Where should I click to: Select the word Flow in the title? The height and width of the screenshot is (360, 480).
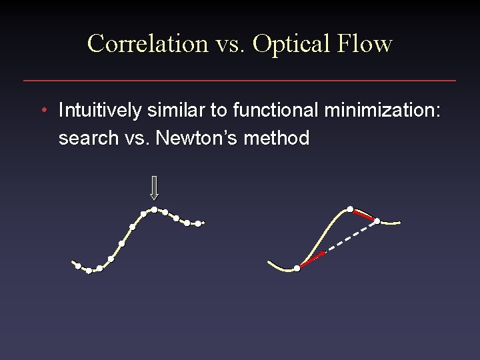point(365,44)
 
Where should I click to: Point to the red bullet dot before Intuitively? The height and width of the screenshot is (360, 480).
point(43,110)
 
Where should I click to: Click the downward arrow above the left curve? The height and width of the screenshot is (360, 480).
point(154,188)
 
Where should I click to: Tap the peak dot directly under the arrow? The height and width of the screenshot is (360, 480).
point(154,210)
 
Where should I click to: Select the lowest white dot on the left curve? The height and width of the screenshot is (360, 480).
point(89,271)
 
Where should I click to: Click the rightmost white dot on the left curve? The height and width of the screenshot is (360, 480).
point(198,223)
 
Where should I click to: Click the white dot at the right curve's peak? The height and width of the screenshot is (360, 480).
point(350,209)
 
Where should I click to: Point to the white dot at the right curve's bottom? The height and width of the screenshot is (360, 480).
point(297,268)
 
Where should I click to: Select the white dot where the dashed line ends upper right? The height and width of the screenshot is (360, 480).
point(377,221)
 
